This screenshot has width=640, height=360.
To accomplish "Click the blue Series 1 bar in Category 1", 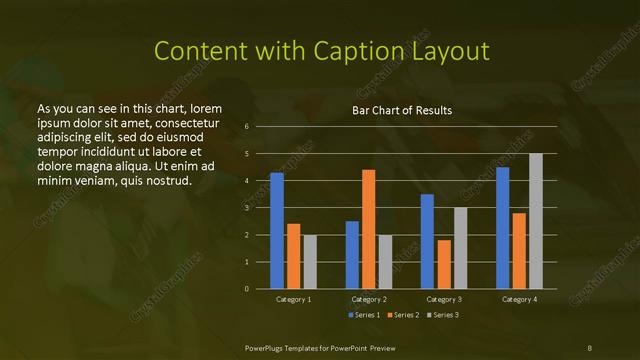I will click(x=277, y=231).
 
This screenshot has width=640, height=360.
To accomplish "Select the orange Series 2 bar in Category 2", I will click(x=369, y=229).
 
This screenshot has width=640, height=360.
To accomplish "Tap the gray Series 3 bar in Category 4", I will click(x=536, y=221).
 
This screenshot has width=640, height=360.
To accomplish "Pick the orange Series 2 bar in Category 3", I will click(x=444, y=264).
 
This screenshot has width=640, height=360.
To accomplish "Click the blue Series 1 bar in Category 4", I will click(x=503, y=228).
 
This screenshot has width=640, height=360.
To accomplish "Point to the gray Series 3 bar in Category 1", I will click(x=310, y=262).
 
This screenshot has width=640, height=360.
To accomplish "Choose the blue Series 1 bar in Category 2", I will click(x=352, y=255).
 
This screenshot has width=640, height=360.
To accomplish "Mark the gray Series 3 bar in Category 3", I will click(x=460, y=248).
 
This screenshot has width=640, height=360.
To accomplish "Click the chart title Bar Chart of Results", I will click(x=402, y=110).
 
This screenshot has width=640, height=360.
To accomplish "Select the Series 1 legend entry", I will click(x=363, y=315).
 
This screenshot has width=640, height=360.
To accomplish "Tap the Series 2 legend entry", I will click(x=402, y=315).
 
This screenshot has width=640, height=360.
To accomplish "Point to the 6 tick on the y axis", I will click(x=247, y=127).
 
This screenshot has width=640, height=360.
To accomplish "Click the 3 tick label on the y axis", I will click(x=247, y=208).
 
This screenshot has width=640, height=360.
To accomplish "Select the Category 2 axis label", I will click(x=369, y=299).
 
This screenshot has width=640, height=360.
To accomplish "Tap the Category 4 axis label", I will click(x=519, y=299).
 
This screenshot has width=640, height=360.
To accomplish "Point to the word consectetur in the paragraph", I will click(x=187, y=122).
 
